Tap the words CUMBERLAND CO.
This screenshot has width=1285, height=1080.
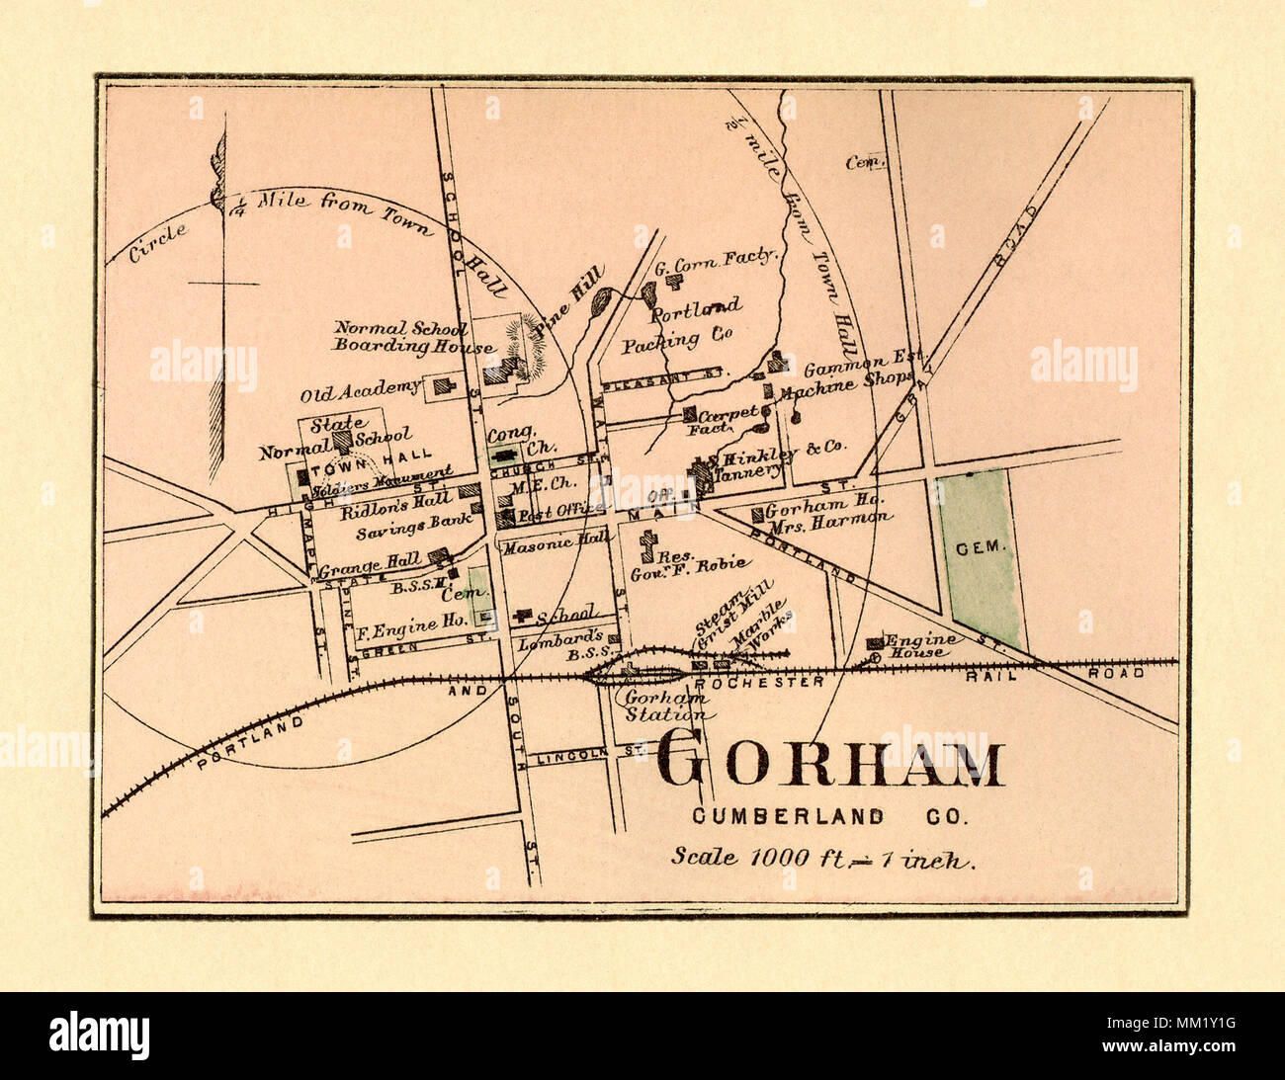[830, 817]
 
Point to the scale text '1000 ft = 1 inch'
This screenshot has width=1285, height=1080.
[823, 858]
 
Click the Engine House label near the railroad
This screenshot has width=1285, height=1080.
[918, 646]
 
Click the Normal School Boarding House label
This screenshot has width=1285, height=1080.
[413, 337]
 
